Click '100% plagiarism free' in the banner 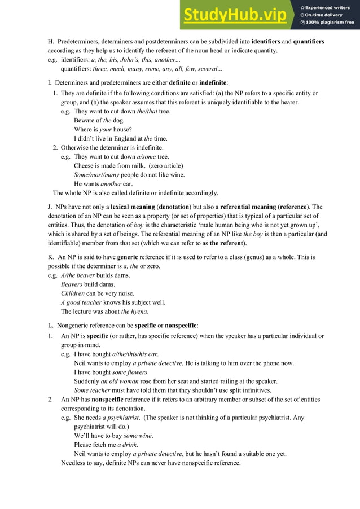point(330,23)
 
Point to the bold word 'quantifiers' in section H point(309,42)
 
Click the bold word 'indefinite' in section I point(210,83)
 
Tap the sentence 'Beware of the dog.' point(99,120)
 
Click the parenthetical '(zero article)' point(164,165)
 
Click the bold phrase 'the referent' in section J point(226,243)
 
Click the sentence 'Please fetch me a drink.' point(106,445)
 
